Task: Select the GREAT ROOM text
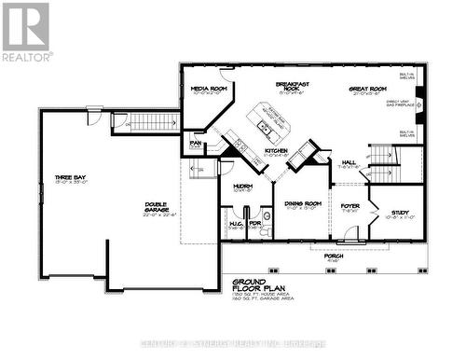[367, 90]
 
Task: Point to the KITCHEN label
[275, 150]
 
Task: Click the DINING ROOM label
[302, 202]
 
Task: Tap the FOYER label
[349, 206]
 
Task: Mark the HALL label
[349, 162]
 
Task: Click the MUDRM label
[242, 187]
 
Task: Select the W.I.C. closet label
[236, 223]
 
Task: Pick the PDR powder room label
[254, 223]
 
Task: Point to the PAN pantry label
[195, 144]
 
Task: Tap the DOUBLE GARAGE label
[155, 208]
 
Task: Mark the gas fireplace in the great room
[418, 105]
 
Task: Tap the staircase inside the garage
[149, 121]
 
